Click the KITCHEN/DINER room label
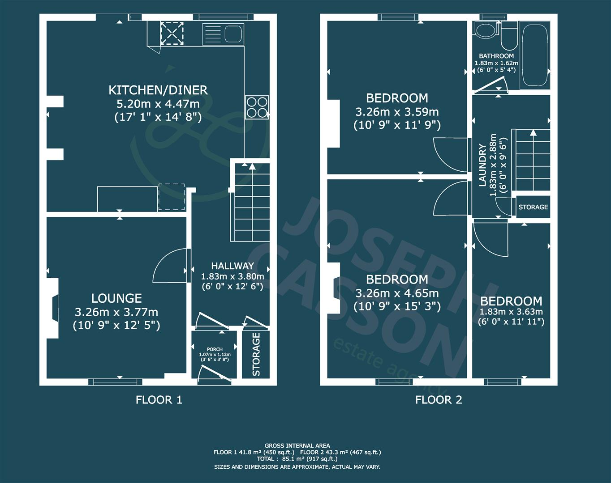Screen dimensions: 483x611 pyautogui.click(x=158, y=90)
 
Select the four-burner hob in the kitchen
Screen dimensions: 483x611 pyautogui.click(x=257, y=107)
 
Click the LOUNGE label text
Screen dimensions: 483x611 pyautogui.click(x=116, y=298)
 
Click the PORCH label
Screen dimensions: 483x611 pyautogui.click(x=215, y=349)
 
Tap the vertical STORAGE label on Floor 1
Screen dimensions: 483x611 pyautogui.click(x=256, y=354)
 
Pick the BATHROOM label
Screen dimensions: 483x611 pyautogui.click(x=496, y=56)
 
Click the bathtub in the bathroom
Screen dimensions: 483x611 pyautogui.click(x=535, y=55)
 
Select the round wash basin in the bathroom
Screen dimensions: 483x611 pyautogui.click(x=485, y=31)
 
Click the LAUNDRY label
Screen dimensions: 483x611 pyautogui.click(x=482, y=165)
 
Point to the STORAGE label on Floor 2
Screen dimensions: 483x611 pyautogui.click(x=533, y=207)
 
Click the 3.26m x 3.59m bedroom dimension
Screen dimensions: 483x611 pyautogui.click(x=397, y=111)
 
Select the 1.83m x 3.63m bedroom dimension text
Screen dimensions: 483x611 pyautogui.click(x=511, y=312)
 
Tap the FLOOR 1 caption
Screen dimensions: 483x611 pyautogui.click(x=159, y=399)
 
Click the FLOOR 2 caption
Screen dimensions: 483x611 pyautogui.click(x=438, y=399)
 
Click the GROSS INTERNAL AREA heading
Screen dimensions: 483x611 pyautogui.click(x=297, y=445)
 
